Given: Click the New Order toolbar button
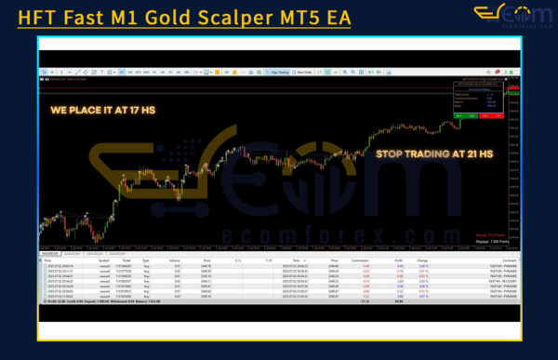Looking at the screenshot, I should pyautogui.click(x=302, y=71).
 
